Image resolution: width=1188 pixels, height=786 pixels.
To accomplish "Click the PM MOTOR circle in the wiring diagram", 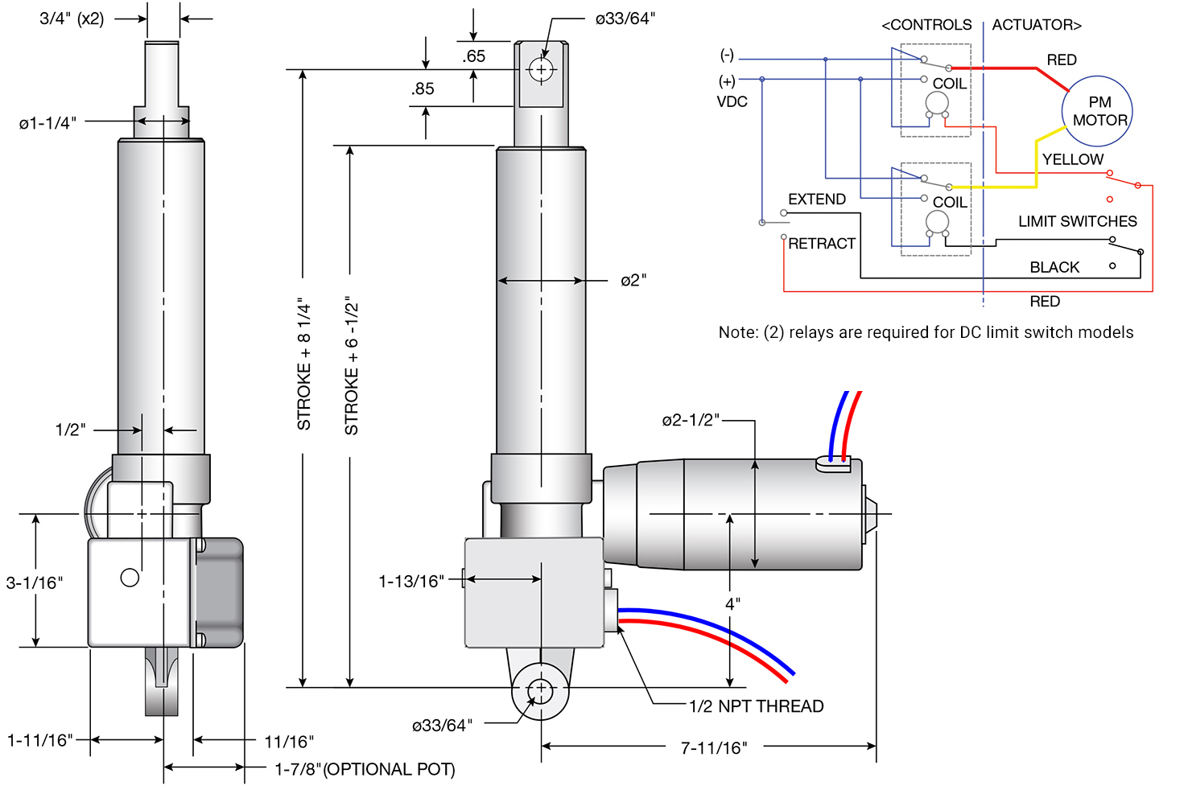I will click(x=1097, y=111).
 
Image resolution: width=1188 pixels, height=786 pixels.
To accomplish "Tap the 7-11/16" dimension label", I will click(x=713, y=748).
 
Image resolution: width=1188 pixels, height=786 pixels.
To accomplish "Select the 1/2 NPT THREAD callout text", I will click(x=756, y=706).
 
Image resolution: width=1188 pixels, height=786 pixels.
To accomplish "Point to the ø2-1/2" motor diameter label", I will click(x=690, y=420).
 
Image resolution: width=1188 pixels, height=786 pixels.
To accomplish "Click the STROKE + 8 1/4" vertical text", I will click(x=304, y=364).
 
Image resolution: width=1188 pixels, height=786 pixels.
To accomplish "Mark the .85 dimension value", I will click(x=422, y=89).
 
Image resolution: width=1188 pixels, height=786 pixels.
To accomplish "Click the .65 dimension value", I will click(x=473, y=56).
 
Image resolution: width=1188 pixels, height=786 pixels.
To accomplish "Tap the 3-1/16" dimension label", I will click(x=34, y=582).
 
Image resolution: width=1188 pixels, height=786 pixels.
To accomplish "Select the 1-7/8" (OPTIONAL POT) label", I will click(x=365, y=769).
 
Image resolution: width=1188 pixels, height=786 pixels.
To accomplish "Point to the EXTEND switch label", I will click(x=816, y=200).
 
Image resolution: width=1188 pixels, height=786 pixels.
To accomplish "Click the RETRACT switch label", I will click(x=821, y=244).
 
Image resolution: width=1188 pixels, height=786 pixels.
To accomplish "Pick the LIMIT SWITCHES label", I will click(x=1077, y=221).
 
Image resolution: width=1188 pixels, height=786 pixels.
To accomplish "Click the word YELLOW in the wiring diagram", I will click(x=1072, y=159).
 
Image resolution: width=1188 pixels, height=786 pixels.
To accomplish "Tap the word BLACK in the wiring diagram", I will click(x=1054, y=267).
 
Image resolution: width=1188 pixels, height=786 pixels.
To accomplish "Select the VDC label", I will click(x=732, y=102).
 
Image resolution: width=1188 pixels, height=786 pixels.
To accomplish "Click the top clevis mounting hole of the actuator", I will click(x=541, y=70).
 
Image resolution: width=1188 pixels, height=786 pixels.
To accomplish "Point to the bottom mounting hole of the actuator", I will click(x=540, y=689).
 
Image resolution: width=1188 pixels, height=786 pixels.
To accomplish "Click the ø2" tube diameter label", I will click(x=633, y=281).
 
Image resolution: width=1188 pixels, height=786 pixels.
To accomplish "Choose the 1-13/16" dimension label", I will click(x=411, y=581).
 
